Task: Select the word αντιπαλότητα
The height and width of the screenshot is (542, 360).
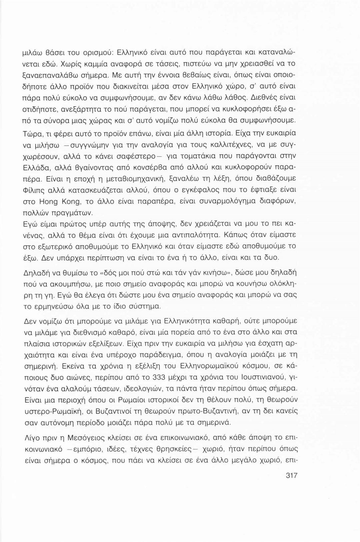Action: (x=196, y=236)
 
